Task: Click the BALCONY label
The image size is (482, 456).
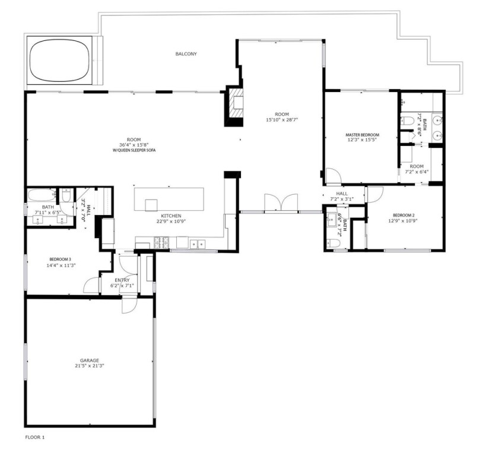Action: click(186, 54)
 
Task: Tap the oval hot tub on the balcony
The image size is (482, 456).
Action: click(60, 61)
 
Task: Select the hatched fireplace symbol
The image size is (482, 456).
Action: click(235, 106)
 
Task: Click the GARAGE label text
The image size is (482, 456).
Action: click(90, 360)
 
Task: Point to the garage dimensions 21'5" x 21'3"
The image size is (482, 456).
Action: click(90, 366)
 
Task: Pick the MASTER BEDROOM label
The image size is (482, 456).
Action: click(363, 135)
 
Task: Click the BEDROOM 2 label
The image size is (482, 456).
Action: click(404, 216)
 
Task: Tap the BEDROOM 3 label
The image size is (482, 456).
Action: click(61, 259)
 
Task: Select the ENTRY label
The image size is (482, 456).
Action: click(122, 280)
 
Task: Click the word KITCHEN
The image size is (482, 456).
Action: click(171, 216)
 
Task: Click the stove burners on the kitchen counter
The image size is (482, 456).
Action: click(161, 242)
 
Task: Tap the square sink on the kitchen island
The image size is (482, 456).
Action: click(151, 205)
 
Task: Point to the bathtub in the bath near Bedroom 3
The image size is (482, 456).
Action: click(42, 195)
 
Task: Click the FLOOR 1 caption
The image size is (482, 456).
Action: click(35, 437)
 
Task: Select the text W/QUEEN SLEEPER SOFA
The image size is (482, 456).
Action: click(134, 150)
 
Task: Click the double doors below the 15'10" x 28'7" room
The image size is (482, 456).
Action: click(281, 202)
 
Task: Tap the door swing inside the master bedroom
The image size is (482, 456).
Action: click(334, 176)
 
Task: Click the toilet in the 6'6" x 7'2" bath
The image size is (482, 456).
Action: click(333, 243)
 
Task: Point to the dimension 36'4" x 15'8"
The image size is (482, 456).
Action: click(134, 145)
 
